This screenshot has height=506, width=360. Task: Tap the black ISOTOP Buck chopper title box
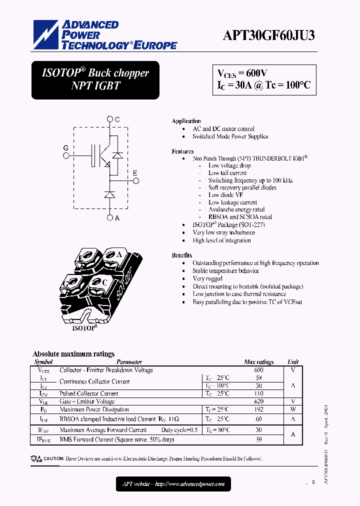95,79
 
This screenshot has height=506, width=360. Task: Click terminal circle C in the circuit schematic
110,119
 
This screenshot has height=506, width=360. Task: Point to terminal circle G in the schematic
66,155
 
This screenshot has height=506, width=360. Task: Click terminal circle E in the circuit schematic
135,181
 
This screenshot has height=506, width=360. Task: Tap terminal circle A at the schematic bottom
110,217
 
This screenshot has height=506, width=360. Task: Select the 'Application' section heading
186,121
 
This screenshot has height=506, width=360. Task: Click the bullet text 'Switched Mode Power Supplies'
230,136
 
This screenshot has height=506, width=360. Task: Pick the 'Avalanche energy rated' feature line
236,209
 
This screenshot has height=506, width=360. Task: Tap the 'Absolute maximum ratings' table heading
73,354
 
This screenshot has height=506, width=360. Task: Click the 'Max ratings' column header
258,361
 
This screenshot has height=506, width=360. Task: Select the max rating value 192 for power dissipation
258,409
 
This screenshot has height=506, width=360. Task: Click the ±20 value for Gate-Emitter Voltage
258,401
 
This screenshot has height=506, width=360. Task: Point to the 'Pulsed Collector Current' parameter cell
89,393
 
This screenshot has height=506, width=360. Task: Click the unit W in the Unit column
293,409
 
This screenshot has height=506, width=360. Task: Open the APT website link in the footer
173,484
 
